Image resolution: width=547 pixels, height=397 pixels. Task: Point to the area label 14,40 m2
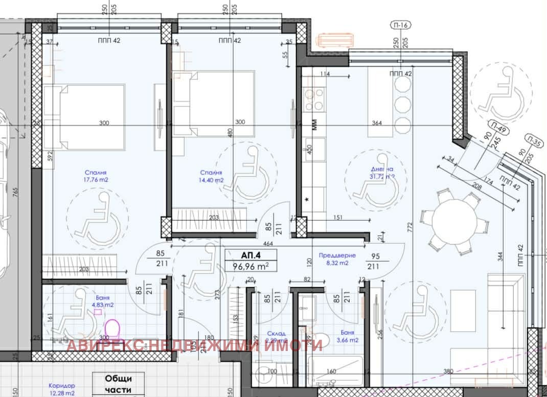[x=212, y=180]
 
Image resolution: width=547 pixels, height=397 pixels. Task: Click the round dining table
[x=451, y=221]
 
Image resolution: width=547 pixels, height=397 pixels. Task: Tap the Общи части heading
[x=119, y=384]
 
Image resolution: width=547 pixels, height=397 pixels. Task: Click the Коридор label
[x=62, y=386]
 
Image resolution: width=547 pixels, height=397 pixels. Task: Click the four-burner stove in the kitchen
[x=313, y=99]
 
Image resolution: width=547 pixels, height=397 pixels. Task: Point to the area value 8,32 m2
[x=337, y=263]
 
